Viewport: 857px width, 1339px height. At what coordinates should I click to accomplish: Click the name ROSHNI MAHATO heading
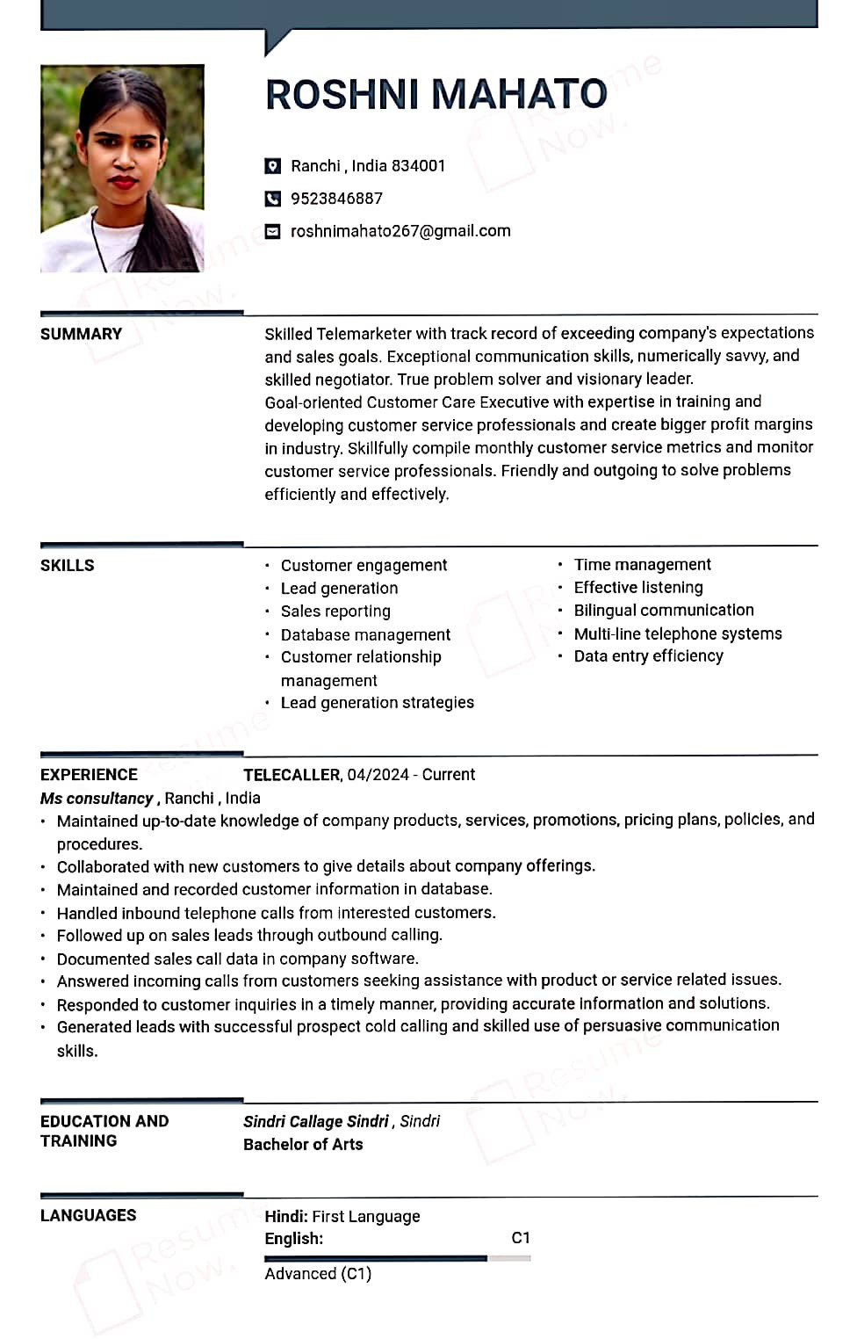[x=436, y=94]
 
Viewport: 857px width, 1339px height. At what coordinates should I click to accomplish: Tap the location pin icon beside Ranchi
[x=273, y=166]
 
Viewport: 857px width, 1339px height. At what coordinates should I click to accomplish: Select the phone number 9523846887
[x=336, y=199]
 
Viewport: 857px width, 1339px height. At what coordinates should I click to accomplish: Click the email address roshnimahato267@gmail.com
[x=400, y=231]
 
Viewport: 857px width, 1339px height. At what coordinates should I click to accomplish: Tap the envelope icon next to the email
[x=273, y=231]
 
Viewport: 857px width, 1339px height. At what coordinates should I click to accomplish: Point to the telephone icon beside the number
[x=273, y=199]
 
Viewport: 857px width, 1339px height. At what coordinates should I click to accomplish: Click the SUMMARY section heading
[x=81, y=334]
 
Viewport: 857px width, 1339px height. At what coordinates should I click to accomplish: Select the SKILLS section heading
[x=67, y=565]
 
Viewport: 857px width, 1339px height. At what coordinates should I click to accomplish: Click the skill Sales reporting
[x=335, y=612]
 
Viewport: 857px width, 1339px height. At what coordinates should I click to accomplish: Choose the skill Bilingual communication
[x=664, y=611]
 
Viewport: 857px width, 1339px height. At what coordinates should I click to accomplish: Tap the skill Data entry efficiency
[x=648, y=656]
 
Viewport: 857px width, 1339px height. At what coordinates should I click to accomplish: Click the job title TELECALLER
[x=292, y=775]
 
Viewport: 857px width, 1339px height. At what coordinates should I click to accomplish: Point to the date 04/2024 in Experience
[x=378, y=775]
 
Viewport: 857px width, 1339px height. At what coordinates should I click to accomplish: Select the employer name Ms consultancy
[x=97, y=799]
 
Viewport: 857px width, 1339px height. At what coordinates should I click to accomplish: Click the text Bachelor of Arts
[x=303, y=1145]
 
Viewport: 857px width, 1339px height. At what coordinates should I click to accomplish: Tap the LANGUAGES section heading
[x=88, y=1216]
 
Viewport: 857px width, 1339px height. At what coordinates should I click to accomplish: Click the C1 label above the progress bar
[x=521, y=1238]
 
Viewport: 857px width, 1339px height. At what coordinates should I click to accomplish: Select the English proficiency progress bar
[x=397, y=1258]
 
